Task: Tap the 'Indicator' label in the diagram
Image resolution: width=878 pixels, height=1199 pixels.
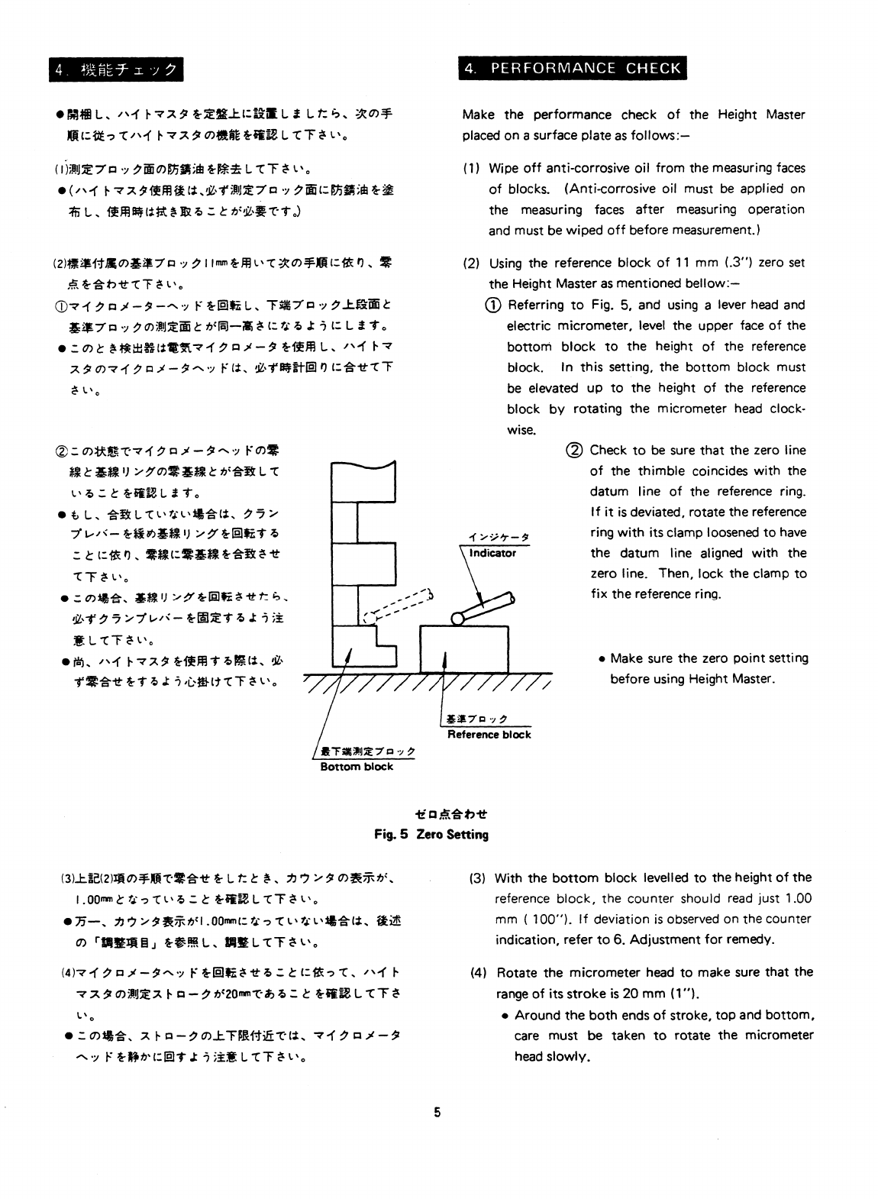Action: [492, 553]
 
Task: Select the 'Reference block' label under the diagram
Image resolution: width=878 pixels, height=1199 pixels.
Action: [489, 735]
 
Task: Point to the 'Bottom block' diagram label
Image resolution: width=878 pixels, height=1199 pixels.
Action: [357, 767]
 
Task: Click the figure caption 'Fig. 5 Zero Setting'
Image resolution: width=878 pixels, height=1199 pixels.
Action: [431, 835]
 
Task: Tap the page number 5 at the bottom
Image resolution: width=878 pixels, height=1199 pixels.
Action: [437, 1113]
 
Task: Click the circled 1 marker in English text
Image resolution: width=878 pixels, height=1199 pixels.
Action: [493, 305]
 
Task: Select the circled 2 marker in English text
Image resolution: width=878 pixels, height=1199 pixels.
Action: [575, 451]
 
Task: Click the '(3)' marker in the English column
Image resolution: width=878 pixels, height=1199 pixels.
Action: [478, 878]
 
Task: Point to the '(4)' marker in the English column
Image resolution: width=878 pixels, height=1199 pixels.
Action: [479, 973]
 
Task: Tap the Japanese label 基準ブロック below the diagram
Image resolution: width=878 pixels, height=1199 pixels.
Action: [476, 719]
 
